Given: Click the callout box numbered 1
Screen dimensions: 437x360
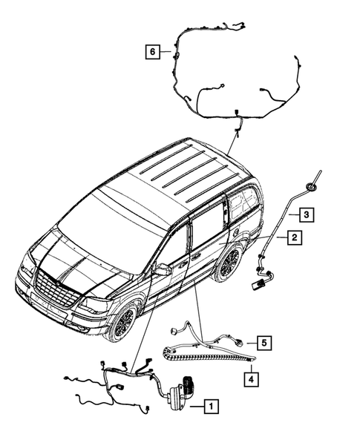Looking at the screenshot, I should [212, 406].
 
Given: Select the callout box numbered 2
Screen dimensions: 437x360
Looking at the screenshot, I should [295, 238].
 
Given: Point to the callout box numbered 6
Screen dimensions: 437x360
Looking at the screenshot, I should [152, 51].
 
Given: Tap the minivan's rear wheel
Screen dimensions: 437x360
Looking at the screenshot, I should [229, 264].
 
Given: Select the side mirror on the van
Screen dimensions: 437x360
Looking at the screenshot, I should [162, 270].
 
